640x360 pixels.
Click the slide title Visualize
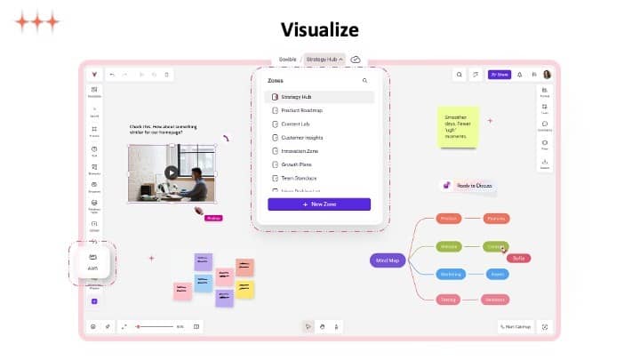tap(319, 29)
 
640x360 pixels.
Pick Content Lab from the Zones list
tap(295, 124)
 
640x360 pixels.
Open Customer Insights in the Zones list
tap(301, 138)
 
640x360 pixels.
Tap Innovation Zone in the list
tap(300, 151)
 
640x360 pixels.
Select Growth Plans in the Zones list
tap(296, 164)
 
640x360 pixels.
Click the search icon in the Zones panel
tap(364, 80)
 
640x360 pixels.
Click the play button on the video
tap(172, 172)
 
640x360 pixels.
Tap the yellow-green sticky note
tap(458, 127)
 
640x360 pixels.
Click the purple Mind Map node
tap(388, 260)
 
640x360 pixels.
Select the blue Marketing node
tap(449, 275)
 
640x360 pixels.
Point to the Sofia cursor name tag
tap(519, 258)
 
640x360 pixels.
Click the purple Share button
tap(499, 75)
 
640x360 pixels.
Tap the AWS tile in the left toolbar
tap(92, 262)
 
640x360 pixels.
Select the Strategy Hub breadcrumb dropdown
tap(324, 60)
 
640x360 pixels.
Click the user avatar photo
tap(548, 75)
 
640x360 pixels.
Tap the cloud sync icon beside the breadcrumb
tap(356, 60)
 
